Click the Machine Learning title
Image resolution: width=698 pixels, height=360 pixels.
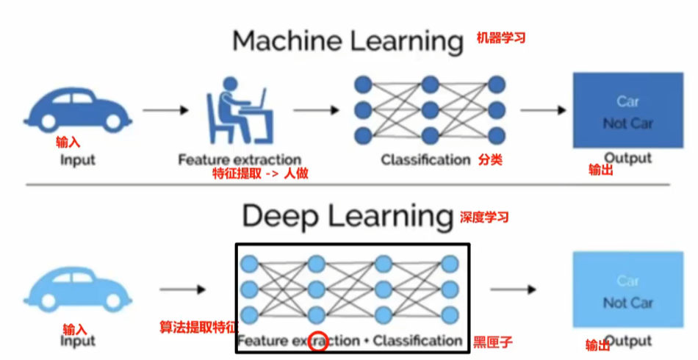(348, 41)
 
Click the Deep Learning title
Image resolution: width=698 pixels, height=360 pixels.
(348, 216)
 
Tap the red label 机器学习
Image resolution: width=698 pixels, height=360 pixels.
(501, 38)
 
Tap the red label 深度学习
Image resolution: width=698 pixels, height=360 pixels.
(484, 217)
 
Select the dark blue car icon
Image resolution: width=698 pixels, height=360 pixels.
(78, 109)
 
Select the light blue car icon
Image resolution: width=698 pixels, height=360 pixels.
(79, 289)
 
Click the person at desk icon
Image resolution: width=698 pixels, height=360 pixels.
(239, 111)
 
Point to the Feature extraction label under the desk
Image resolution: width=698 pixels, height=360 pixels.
(240, 159)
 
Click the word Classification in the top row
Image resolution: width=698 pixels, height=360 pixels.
(425, 159)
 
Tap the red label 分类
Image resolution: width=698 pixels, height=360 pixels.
(490, 159)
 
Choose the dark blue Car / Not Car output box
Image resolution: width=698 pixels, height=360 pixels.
(627, 111)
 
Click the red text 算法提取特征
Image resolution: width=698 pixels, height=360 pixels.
(198, 326)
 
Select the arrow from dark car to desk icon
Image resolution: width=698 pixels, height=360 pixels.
(165, 110)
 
